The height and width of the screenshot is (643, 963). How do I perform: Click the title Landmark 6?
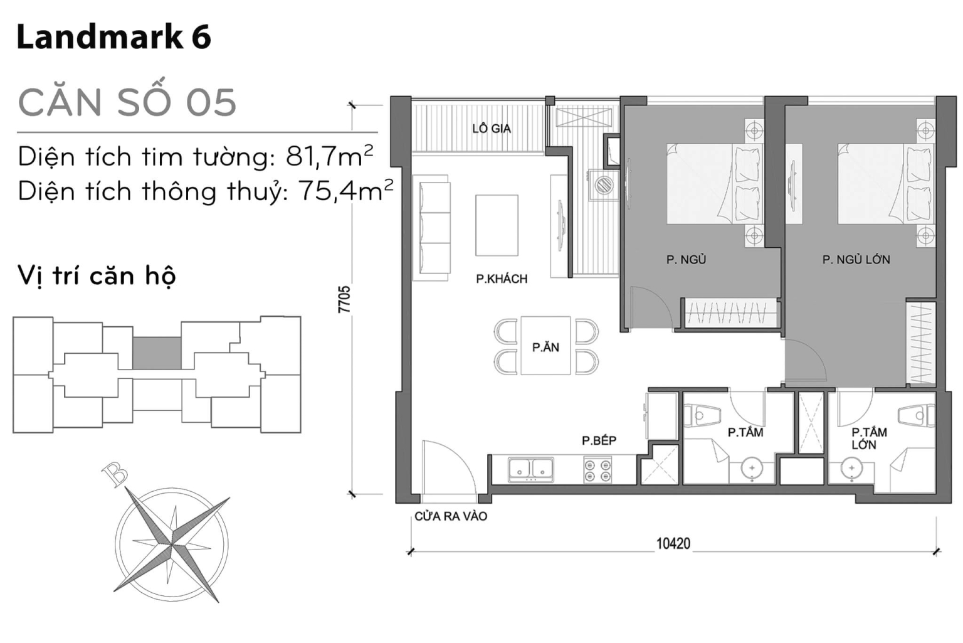click(113, 37)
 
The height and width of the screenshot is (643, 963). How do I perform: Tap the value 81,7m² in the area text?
click(329, 156)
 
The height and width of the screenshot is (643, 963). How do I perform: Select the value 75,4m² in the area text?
click(345, 191)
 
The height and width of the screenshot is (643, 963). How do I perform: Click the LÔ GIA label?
click(492, 129)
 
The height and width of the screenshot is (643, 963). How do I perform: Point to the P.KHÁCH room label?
click(502, 279)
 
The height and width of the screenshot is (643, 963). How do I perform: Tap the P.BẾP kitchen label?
click(599, 440)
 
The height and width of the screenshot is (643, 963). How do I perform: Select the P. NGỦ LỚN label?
click(856, 260)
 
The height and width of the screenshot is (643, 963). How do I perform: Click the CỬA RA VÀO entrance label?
click(450, 516)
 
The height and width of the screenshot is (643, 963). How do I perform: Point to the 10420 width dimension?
click(673, 543)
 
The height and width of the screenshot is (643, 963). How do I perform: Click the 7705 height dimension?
click(344, 300)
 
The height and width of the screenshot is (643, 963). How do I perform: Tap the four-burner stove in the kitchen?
click(597, 470)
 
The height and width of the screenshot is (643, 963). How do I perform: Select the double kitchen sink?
click(531, 470)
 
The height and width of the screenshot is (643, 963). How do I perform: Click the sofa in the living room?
click(433, 228)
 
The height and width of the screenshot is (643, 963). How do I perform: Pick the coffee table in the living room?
click(497, 225)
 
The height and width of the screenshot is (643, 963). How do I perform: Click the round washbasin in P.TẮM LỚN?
click(851, 469)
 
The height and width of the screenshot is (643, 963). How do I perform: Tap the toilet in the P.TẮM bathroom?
click(703, 415)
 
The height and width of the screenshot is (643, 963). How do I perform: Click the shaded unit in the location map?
click(157, 353)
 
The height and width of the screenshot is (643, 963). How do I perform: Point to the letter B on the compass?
click(115, 475)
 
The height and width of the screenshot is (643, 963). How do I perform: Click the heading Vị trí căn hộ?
click(97, 276)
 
